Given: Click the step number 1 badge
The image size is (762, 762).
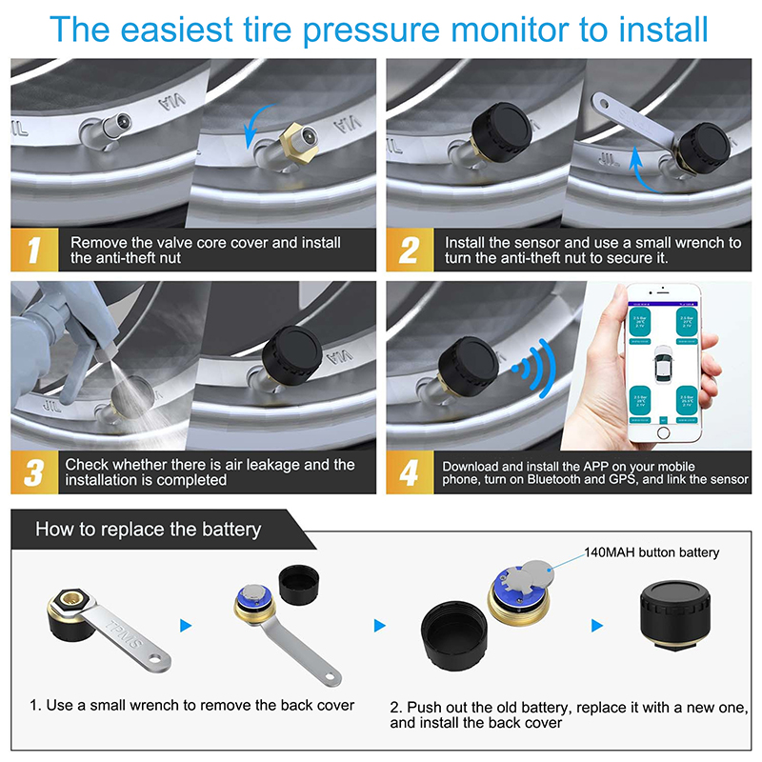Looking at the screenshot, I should tap(35, 251).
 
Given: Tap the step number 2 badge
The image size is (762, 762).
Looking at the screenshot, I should tap(410, 251).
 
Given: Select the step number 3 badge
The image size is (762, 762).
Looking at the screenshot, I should tap(35, 471).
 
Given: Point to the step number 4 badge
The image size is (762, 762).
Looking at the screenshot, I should tap(410, 471).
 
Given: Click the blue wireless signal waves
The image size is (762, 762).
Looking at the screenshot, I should tap(531, 367).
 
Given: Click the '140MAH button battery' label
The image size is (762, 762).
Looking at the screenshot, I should tap(652, 552).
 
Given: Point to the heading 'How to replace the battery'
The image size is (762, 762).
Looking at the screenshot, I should tap(148, 529).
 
